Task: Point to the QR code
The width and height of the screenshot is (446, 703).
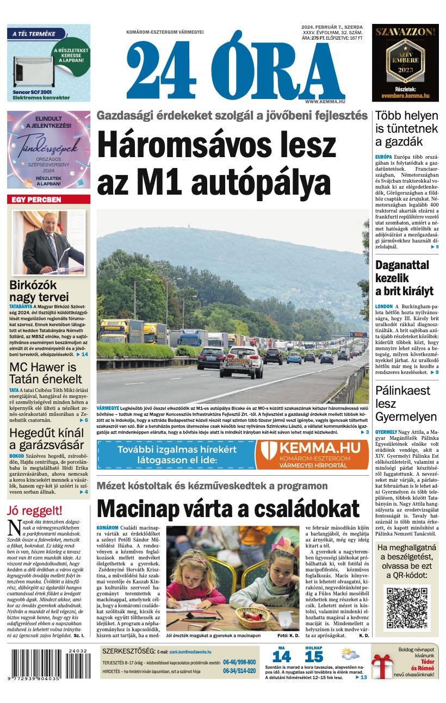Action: [x=406, y=608]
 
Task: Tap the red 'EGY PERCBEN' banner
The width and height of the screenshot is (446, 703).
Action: [x=48, y=200]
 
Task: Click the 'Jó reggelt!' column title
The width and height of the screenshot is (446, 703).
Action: [x=35, y=511]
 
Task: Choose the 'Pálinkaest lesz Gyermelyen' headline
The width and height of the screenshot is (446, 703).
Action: [x=406, y=403]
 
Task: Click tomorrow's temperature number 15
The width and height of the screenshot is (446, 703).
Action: [x=314, y=656]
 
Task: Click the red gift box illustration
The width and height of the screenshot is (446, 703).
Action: [x=382, y=667]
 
